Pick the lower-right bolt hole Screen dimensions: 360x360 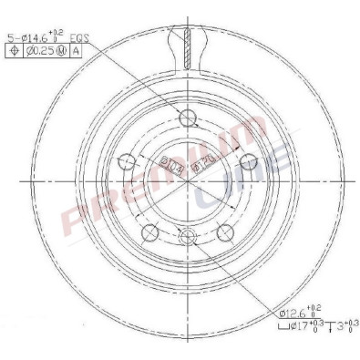[223, 231]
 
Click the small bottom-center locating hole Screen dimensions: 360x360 [189, 238]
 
